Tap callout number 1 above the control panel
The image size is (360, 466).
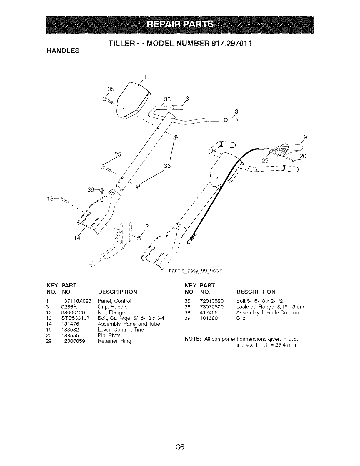coord(145,78)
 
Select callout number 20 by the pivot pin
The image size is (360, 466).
coord(303,156)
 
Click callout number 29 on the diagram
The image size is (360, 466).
coord(265,160)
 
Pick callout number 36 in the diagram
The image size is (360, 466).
coord(167,166)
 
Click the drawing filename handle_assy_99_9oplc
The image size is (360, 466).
coord(195,270)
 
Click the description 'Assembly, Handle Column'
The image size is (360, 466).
coord(267,312)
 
